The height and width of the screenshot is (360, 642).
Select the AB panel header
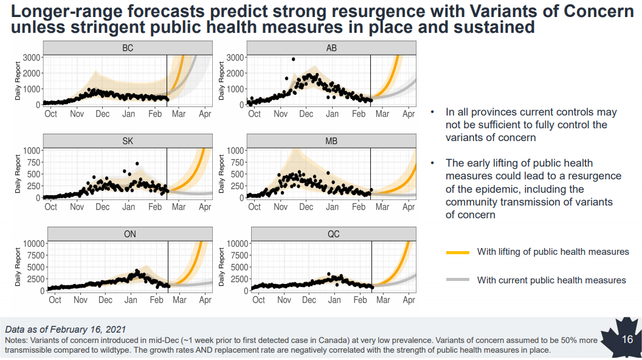tap(331, 48)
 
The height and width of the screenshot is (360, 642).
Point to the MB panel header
tap(331, 141)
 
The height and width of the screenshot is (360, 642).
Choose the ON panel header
tap(129, 234)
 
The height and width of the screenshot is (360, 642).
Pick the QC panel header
tap(333, 234)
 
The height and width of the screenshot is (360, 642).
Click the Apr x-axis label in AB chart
tap(409, 114)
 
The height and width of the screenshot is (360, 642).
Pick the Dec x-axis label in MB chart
tap(306, 207)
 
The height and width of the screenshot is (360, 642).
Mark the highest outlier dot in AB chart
tap(293, 60)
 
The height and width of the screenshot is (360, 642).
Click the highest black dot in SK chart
tap(137, 164)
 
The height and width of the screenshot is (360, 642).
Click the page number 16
tap(628, 339)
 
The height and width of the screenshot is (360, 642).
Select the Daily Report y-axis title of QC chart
tap(223, 268)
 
